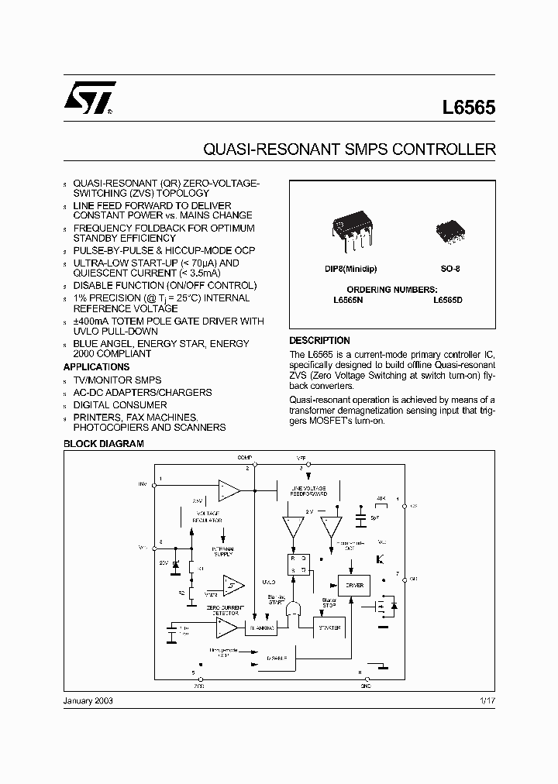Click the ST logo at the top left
tap(90, 99)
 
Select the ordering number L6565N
tap(349, 299)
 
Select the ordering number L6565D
tap(448, 299)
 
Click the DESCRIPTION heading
tap(319, 341)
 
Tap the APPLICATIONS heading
tap(96, 367)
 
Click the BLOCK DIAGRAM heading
tap(103, 444)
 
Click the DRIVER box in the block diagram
tap(354, 585)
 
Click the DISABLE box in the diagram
tap(277, 657)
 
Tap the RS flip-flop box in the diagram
tap(299, 564)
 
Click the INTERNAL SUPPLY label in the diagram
tap(222, 551)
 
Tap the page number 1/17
tap(486, 700)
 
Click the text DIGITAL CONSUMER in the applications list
tap(119, 405)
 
